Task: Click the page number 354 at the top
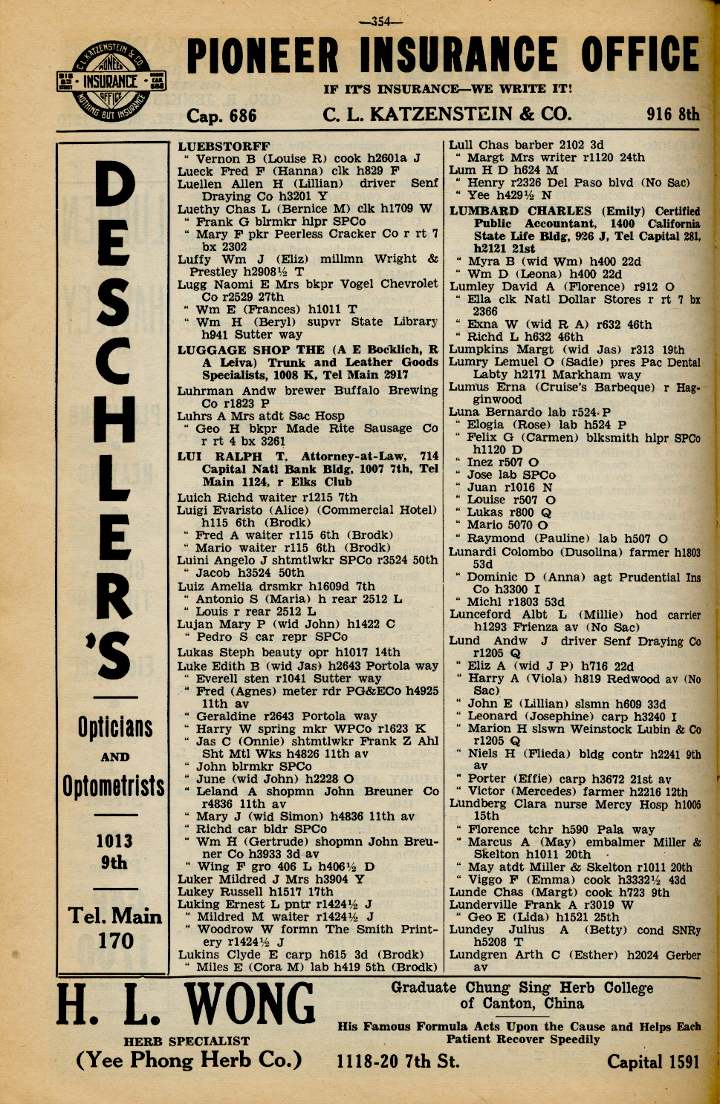[x=380, y=22]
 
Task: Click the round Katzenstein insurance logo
[x=112, y=82]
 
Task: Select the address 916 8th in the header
[x=672, y=114]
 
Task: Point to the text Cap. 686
[x=221, y=116]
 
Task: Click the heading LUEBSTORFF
[x=224, y=146]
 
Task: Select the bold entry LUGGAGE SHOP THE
[x=251, y=350]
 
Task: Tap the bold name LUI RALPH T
[x=228, y=457]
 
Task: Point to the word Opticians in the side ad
[x=115, y=728]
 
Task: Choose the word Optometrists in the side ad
[x=114, y=785]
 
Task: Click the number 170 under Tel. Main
[x=115, y=941]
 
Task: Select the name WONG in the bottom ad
[x=250, y=1004]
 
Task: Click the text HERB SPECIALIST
[x=187, y=1041]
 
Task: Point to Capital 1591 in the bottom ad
[x=653, y=1062]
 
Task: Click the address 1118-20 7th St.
[x=398, y=1062]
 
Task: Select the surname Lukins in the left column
[x=197, y=955]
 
